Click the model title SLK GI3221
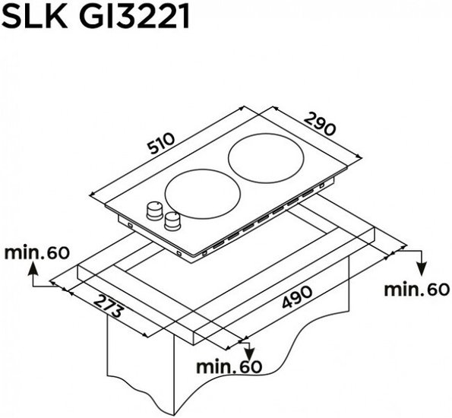[x=95, y=16]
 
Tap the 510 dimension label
[x=161, y=144]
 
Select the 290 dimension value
[x=320, y=124]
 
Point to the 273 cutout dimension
[x=108, y=306]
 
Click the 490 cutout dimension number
[x=297, y=296]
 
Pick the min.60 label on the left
[x=37, y=253]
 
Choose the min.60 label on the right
[x=417, y=290]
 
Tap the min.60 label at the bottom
[x=229, y=366]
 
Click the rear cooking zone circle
[x=266, y=158]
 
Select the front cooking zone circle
[x=203, y=194]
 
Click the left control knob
[x=155, y=211]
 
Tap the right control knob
[x=173, y=221]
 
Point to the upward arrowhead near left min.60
[x=33, y=268]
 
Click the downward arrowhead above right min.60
[x=422, y=269]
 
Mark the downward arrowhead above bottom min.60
[x=249, y=353]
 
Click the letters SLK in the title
[x=35, y=16]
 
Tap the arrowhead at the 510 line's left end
[x=93, y=195]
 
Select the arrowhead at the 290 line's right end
[x=359, y=157]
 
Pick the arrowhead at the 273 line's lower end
[x=145, y=335]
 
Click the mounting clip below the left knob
[x=129, y=225]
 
